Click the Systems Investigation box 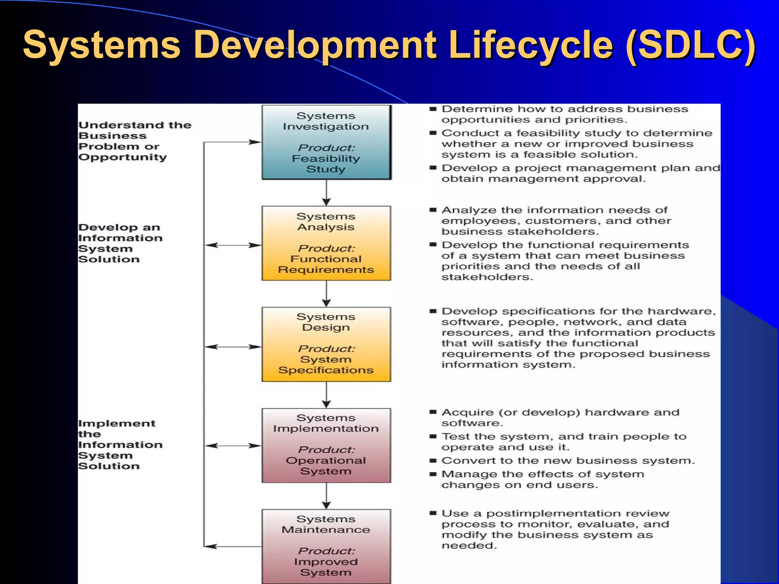click(x=326, y=142)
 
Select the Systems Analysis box click(x=326, y=243)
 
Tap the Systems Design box click(x=326, y=344)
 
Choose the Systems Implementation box click(x=326, y=445)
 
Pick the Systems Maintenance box click(x=326, y=546)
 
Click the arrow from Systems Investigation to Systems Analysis click(x=326, y=193)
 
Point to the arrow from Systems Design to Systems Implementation click(x=326, y=395)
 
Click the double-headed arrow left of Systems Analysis click(x=233, y=245)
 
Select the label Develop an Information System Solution click(x=120, y=243)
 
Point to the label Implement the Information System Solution click(x=120, y=445)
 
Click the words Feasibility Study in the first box click(x=326, y=164)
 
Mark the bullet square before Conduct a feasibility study click(x=433, y=133)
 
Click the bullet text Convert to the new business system click(x=568, y=461)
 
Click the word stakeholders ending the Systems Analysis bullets click(x=487, y=277)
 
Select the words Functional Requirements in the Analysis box click(x=326, y=265)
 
